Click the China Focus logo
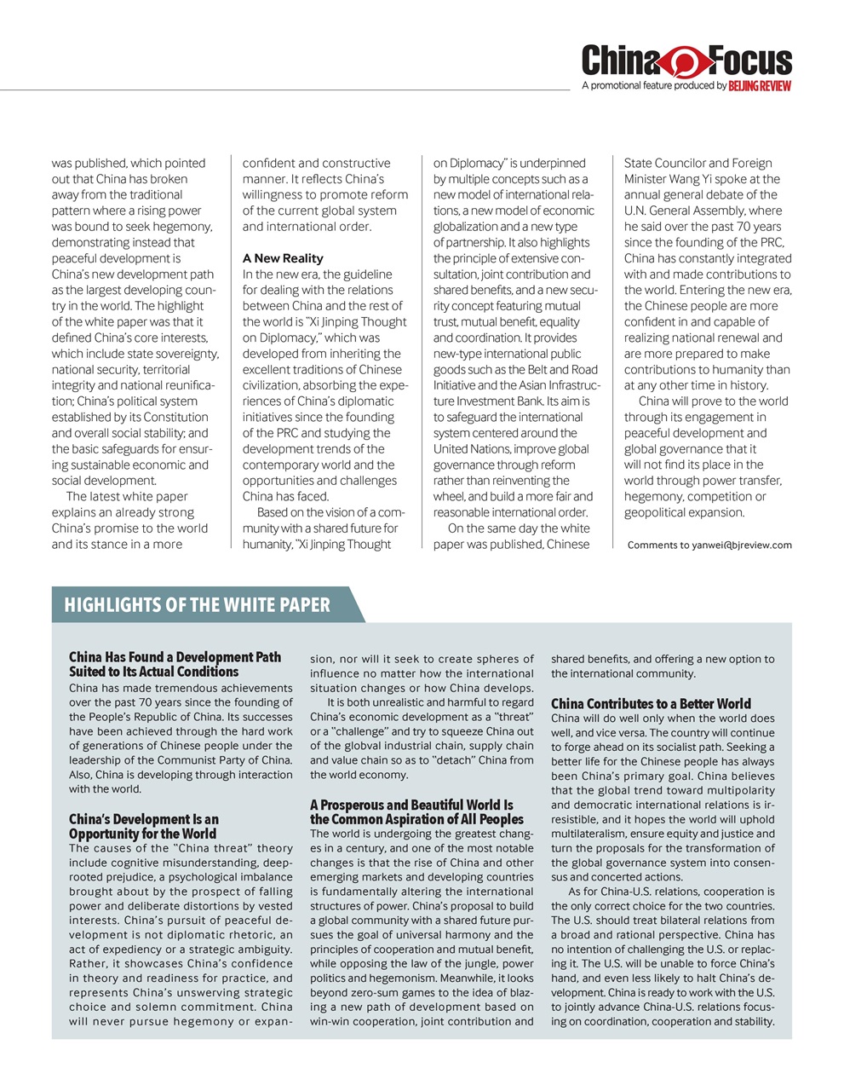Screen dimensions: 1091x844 (x=686, y=61)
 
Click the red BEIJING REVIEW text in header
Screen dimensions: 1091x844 (x=760, y=86)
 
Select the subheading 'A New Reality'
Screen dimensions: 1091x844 (x=283, y=258)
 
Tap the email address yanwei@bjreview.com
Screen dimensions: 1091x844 (x=741, y=545)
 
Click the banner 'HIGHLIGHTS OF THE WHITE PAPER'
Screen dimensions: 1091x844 (x=198, y=605)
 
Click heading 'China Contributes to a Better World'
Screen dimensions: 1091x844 (x=651, y=703)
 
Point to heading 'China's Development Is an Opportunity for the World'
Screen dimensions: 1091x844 (x=143, y=827)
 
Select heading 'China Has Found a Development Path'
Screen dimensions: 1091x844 (x=175, y=657)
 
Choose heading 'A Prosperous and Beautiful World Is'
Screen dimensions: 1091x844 (x=411, y=805)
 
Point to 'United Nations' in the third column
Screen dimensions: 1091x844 (x=474, y=449)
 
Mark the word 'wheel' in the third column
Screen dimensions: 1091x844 (x=449, y=497)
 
